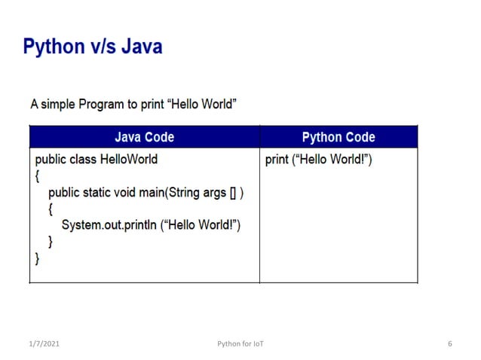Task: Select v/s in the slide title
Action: click(x=100, y=47)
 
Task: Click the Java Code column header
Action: click(x=144, y=137)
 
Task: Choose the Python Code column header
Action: click(x=338, y=137)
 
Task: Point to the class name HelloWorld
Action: click(x=129, y=160)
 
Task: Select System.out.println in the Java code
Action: click(x=108, y=224)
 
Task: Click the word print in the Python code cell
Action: click(x=277, y=160)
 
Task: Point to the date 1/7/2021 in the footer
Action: click(x=44, y=344)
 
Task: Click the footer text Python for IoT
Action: click(x=240, y=344)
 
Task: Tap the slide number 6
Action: click(x=449, y=344)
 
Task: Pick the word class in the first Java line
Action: click(x=84, y=160)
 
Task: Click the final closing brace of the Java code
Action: click(x=38, y=258)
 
